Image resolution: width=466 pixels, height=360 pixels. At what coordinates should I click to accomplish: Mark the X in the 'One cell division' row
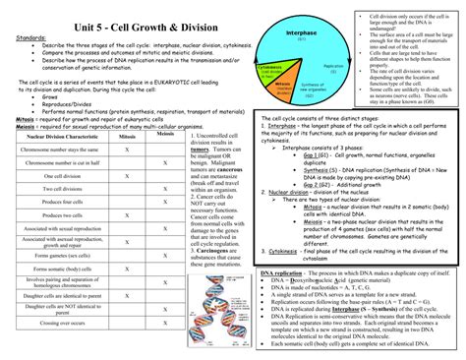pos(127,175)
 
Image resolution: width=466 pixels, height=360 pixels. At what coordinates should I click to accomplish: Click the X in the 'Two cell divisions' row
pos(165,188)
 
